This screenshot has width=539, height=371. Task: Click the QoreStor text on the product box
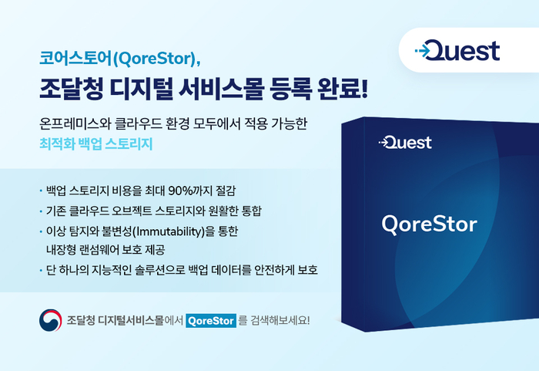[x=429, y=224]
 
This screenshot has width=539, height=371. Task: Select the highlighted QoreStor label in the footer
[x=211, y=319]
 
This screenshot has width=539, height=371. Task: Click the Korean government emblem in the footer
[x=50, y=319]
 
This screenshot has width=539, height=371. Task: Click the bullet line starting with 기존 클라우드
[x=154, y=211]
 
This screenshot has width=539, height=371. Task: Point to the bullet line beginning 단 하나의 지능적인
[x=180, y=270]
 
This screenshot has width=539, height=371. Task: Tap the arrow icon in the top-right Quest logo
[x=422, y=52]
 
